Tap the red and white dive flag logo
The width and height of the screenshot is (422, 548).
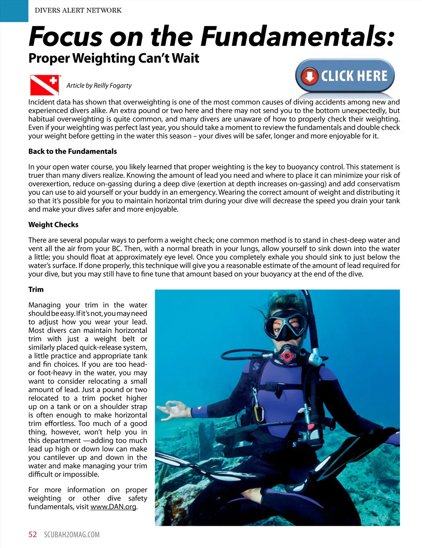(44, 85)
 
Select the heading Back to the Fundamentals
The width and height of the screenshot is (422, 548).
(72, 152)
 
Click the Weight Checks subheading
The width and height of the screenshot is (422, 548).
(53, 225)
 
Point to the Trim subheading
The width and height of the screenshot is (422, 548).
(36, 289)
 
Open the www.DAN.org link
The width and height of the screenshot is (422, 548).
(113, 507)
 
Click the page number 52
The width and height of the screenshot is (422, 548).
(32, 535)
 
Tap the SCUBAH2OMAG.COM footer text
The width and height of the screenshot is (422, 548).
(72, 535)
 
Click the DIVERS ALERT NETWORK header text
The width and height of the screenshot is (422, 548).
(78, 10)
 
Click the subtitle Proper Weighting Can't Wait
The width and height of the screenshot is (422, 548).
(114, 58)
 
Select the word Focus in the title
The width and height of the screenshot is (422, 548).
(66, 37)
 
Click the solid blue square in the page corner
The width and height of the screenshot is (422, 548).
(14, 11)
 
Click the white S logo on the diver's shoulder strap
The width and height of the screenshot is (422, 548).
(256, 366)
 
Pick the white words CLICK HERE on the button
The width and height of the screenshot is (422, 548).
(354, 76)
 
